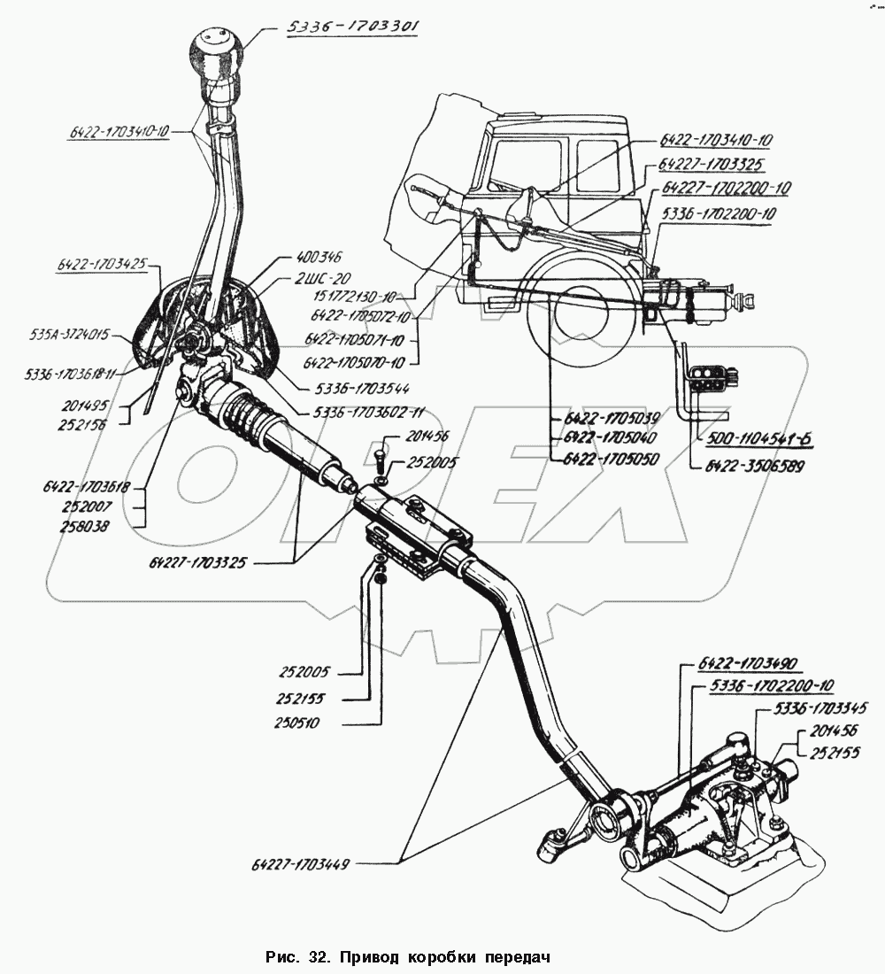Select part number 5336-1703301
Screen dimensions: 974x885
click(x=351, y=27)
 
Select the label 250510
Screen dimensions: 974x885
click(x=296, y=723)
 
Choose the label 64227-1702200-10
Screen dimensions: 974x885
click(x=729, y=188)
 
